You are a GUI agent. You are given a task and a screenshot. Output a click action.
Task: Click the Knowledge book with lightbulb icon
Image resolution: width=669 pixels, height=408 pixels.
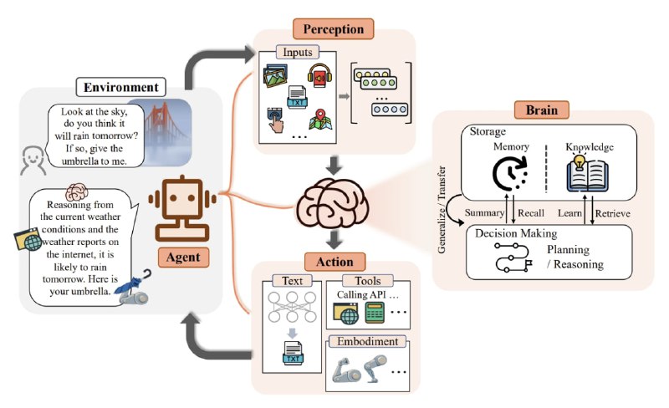point(588,176)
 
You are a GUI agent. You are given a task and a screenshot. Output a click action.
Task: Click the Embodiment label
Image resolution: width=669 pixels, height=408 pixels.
point(369,341)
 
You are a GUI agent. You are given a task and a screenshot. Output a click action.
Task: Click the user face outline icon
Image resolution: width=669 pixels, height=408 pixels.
point(32,156)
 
